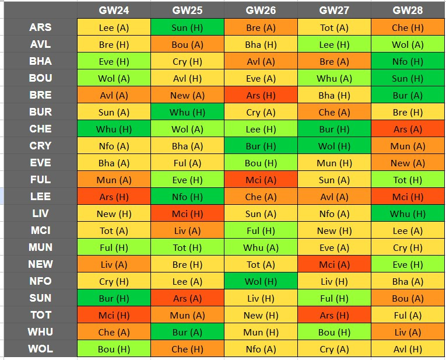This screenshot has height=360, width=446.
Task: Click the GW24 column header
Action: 114,11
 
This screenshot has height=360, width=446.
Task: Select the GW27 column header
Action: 334,11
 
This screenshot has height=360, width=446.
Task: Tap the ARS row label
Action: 40,27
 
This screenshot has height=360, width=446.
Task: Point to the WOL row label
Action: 40,349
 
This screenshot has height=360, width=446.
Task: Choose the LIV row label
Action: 40,214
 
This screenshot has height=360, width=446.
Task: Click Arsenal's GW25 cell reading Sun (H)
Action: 187,27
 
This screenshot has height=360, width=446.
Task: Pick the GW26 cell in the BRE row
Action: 261,95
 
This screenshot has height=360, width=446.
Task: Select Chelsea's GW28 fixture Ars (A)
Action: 408,129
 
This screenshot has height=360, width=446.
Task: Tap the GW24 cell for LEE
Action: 114,197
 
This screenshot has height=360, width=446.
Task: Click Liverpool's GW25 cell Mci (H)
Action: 187,214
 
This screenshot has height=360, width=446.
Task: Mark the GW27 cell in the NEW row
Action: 334,264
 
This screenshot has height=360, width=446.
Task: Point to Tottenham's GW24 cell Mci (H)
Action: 114,315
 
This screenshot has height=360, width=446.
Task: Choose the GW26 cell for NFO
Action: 261,281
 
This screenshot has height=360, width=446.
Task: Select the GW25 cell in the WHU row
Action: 187,332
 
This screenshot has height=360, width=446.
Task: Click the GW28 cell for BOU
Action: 408,78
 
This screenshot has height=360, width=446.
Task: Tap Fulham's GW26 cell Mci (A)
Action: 261,180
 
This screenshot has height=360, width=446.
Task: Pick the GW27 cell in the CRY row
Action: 334,146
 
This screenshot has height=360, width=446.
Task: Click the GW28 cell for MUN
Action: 408,247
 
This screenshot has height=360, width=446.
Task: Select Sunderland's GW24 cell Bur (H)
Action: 114,298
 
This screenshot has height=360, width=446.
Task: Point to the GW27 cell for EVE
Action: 334,163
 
